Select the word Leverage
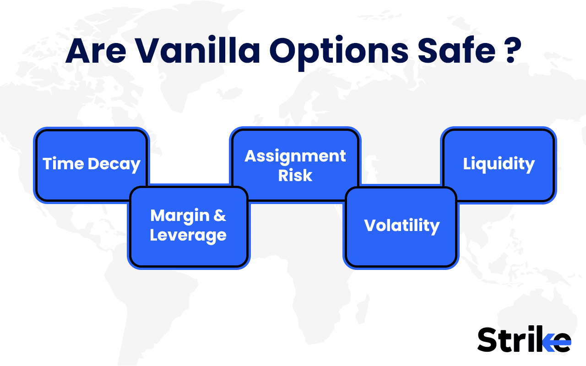[x=188, y=235]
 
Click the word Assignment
[x=295, y=156]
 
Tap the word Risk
[x=295, y=176]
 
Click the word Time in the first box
[x=63, y=164]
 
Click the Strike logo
[x=524, y=339]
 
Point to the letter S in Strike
[x=488, y=339]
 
